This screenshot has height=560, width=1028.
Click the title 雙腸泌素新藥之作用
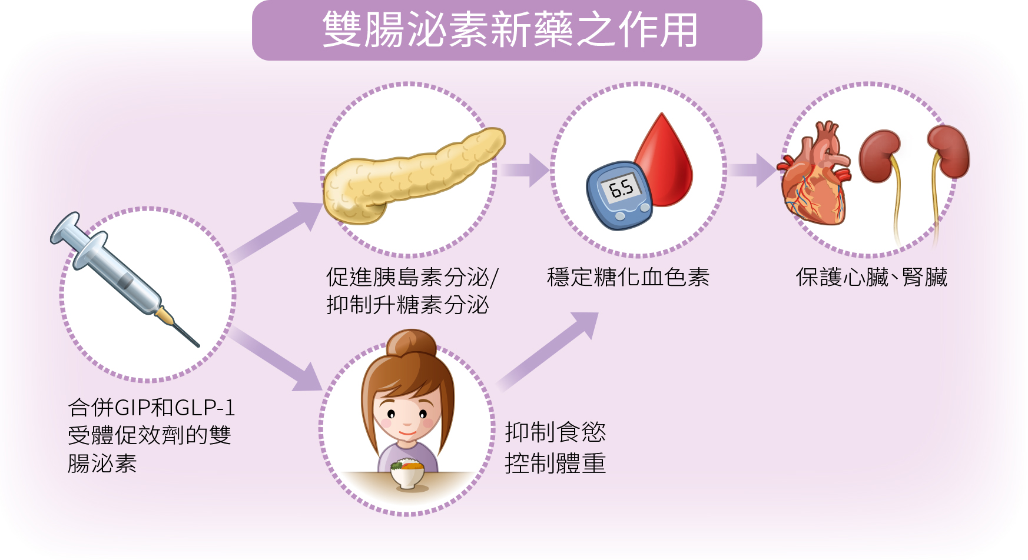pos(510,30)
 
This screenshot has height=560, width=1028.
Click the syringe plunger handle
pos(65,228)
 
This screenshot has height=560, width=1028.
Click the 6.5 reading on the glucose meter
pos(621,188)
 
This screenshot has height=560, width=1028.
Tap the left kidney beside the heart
pos(880,156)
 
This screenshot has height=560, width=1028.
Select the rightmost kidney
pos(949,151)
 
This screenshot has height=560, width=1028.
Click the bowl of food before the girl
pos(407,474)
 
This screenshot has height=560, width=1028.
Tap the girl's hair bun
pos(411,344)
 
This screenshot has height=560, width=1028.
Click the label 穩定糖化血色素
pos(628,277)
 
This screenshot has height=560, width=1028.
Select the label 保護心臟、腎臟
pos(871,277)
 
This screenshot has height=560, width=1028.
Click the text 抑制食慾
pos(555,432)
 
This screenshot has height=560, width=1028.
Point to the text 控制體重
pos(555,464)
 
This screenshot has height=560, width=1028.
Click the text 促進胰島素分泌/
pos(412,277)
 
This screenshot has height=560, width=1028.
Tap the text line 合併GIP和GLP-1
pos(151,407)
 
